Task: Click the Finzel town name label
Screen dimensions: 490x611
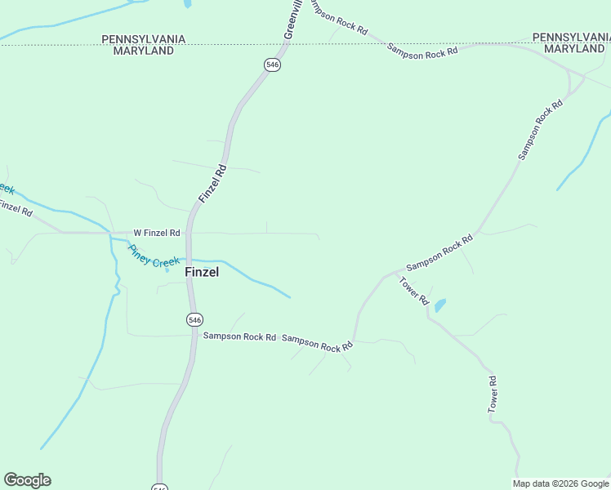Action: pyautogui.click(x=202, y=272)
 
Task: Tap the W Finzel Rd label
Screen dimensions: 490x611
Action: pyautogui.click(x=157, y=233)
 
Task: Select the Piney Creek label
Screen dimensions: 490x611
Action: pyautogui.click(x=153, y=257)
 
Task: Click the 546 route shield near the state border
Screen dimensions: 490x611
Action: pyautogui.click(x=273, y=65)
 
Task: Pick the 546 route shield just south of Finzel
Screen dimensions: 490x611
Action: pyautogui.click(x=194, y=319)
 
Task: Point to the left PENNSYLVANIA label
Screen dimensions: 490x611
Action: pyautogui.click(x=144, y=39)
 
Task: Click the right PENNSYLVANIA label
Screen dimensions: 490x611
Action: pyautogui.click(x=571, y=38)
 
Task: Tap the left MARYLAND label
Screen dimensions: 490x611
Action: pyautogui.click(x=144, y=51)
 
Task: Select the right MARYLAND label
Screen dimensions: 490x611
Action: pyautogui.click(x=574, y=49)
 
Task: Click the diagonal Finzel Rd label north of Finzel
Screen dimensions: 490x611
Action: pyautogui.click(x=212, y=184)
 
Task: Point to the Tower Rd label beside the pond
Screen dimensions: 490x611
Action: pyautogui.click(x=414, y=291)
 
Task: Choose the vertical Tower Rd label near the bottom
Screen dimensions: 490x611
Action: pyautogui.click(x=493, y=394)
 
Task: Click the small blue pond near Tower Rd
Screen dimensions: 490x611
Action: pyautogui.click(x=440, y=305)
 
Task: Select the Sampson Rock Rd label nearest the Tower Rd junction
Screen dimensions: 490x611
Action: pyautogui.click(x=439, y=253)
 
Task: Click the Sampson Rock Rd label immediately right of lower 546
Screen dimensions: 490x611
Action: pyautogui.click(x=239, y=336)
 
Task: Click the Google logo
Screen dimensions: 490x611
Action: pyautogui.click(x=27, y=480)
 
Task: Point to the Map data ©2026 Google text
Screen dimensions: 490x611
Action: pyautogui.click(x=561, y=483)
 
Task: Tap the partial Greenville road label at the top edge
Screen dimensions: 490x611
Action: pyautogui.click(x=293, y=18)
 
